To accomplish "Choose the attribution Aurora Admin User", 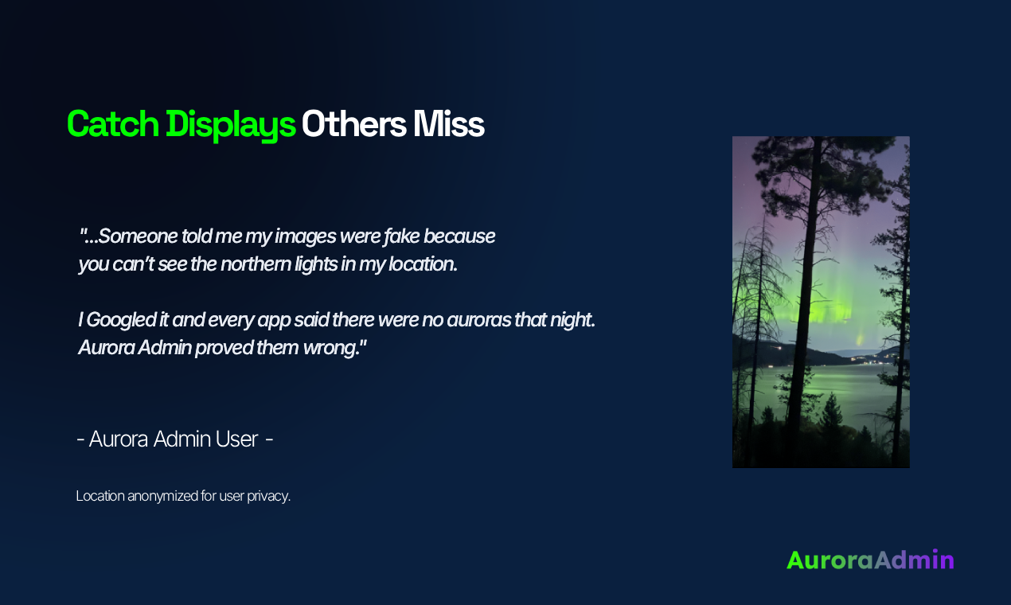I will [x=174, y=439].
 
